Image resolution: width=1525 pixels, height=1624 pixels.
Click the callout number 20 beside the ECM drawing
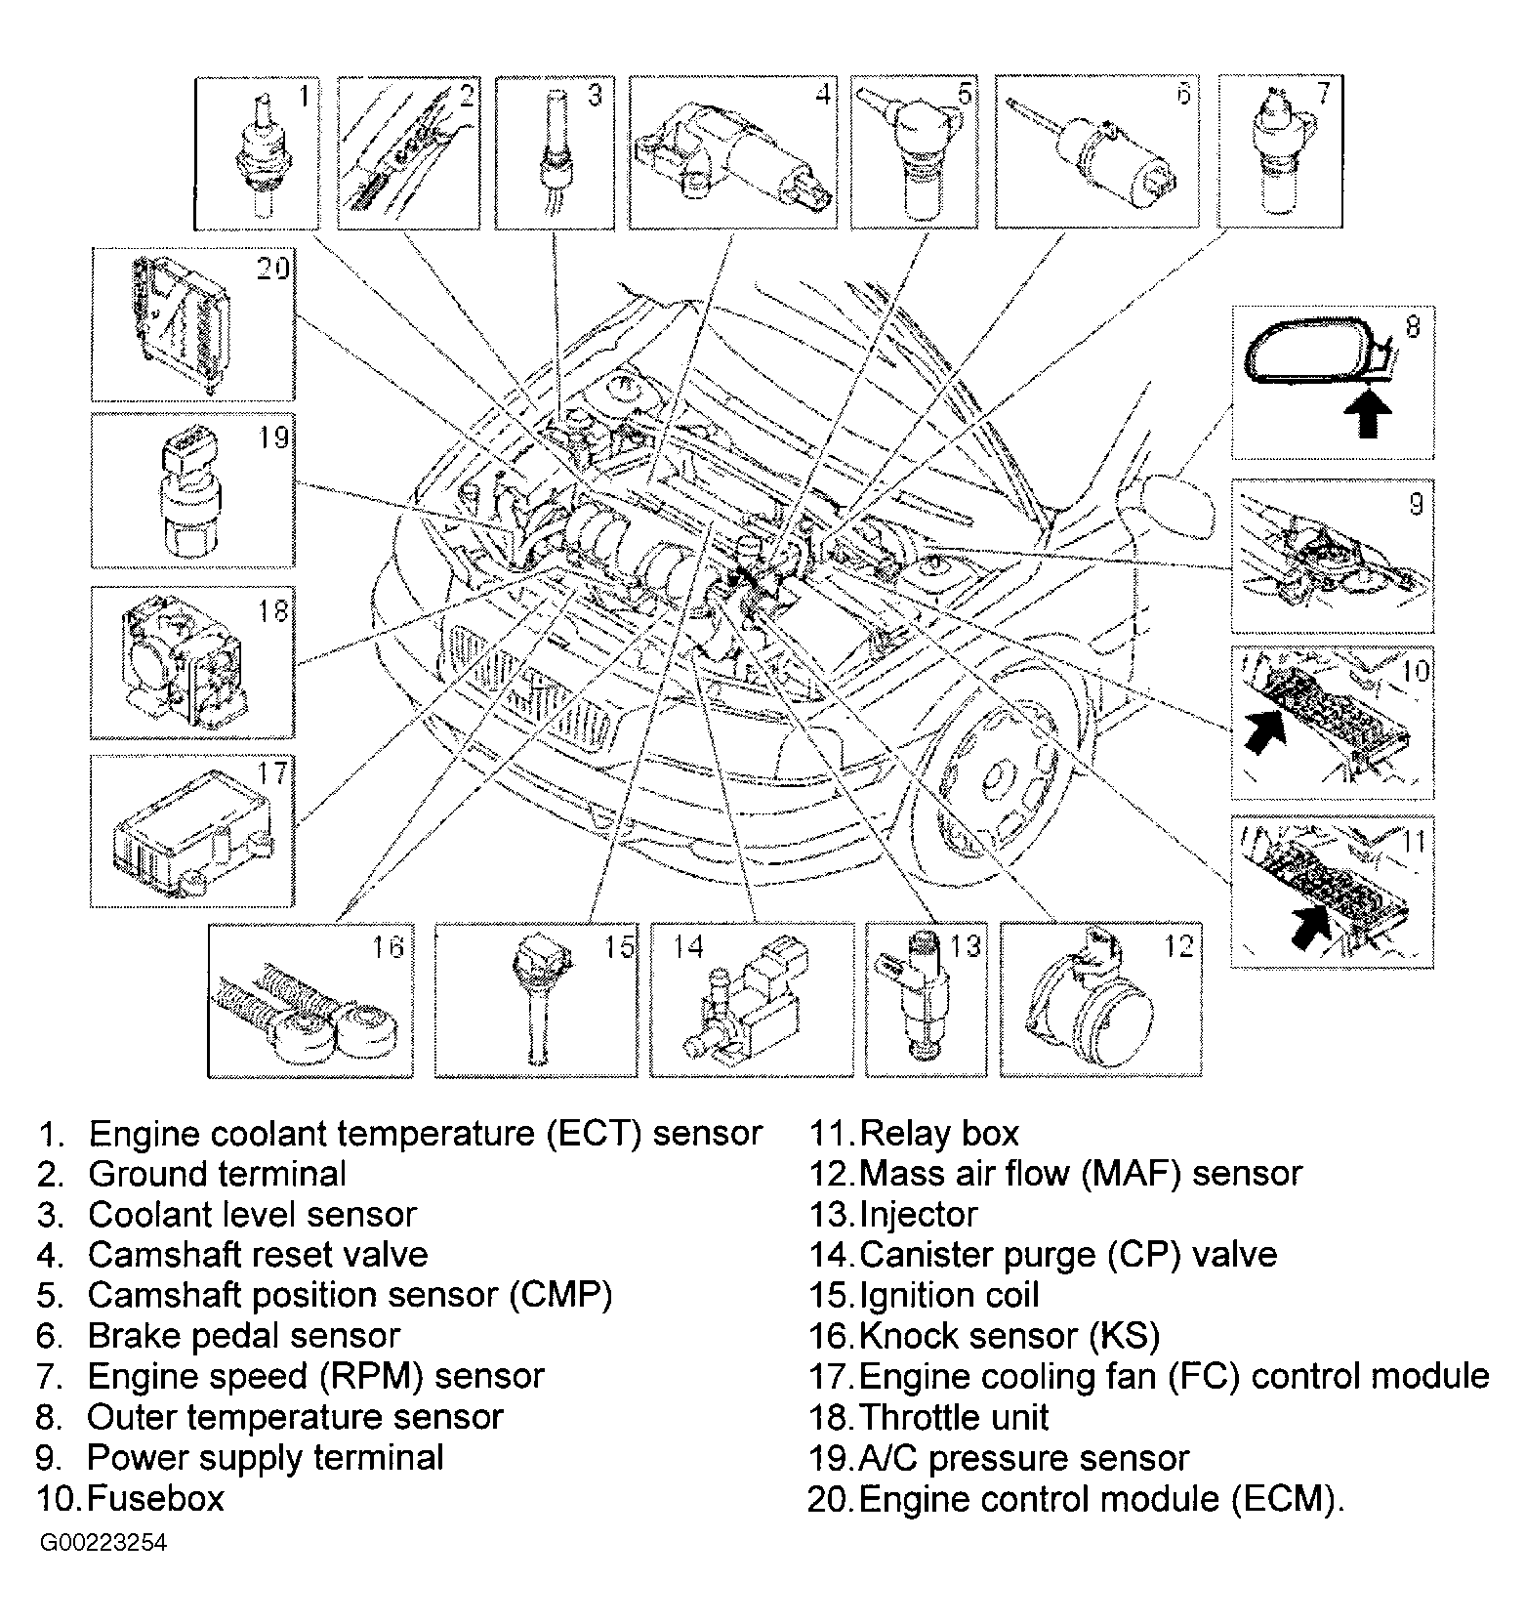[x=272, y=269]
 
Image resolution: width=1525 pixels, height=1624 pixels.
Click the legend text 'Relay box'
[x=939, y=1133]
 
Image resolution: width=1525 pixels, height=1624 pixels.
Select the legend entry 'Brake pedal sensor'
[x=244, y=1335]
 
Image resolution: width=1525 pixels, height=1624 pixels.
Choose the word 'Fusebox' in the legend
[x=156, y=1498]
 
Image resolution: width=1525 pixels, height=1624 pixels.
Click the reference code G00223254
[x=103, y=1543]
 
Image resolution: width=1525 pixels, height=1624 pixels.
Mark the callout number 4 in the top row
[x=823, y=94]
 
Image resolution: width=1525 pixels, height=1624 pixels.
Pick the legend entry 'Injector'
[x=918, y=1214]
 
